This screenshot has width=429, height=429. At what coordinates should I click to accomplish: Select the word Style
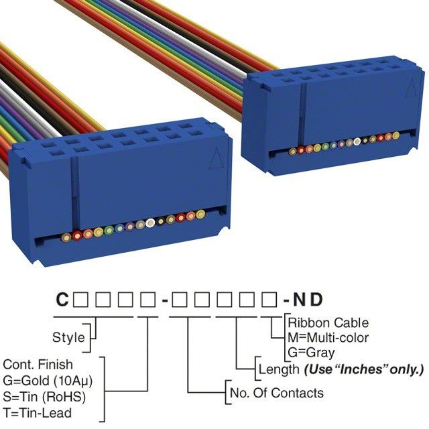click(x=68, y=337)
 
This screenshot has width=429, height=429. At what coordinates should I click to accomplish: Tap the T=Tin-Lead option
click(x=38, y=412)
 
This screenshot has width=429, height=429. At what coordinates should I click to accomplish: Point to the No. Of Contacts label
click(x=276, y=392)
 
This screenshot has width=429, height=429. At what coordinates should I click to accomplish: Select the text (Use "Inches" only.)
click(x=364, y=369)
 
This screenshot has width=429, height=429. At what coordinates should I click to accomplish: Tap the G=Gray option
click(x=311, y=352)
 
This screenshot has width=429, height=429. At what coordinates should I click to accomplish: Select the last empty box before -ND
click(x=267, y=300)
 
